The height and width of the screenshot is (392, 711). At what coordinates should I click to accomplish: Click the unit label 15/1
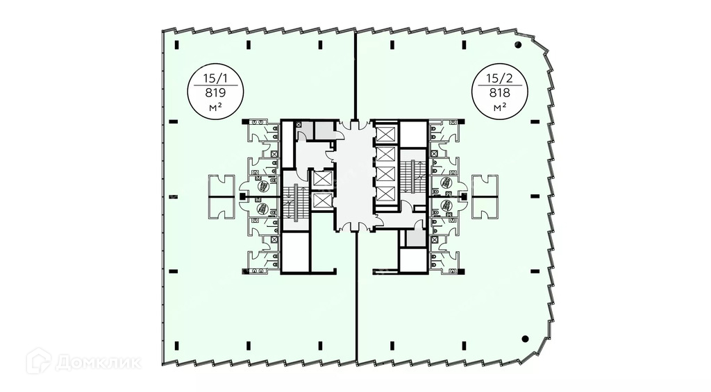[x=215, y=76]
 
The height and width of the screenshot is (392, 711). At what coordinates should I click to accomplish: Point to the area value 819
[x=215, y=92]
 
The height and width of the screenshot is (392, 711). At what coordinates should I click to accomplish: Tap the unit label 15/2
[x=498, y=76]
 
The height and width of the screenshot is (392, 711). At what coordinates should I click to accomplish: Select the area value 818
[x=498, y=92]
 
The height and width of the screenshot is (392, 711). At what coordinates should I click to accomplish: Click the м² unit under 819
[x=215, y=108]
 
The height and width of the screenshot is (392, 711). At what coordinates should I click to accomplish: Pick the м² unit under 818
[x=498, y=108]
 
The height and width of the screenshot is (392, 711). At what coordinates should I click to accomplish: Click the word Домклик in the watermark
[x=100, y=361]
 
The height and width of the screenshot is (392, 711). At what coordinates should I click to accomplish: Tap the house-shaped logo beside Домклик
[x=38, y=361]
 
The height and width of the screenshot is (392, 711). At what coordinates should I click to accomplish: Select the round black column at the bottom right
[x=526, y=339]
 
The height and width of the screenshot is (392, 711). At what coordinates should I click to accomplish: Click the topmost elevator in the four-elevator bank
[x=385, y=133]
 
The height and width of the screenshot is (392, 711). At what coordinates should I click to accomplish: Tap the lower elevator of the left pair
[x=322, y=201]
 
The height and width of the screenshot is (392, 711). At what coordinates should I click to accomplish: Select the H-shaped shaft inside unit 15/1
[x=222, y=196]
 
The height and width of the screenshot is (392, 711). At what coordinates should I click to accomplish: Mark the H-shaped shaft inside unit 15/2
[x=485, y=196]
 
